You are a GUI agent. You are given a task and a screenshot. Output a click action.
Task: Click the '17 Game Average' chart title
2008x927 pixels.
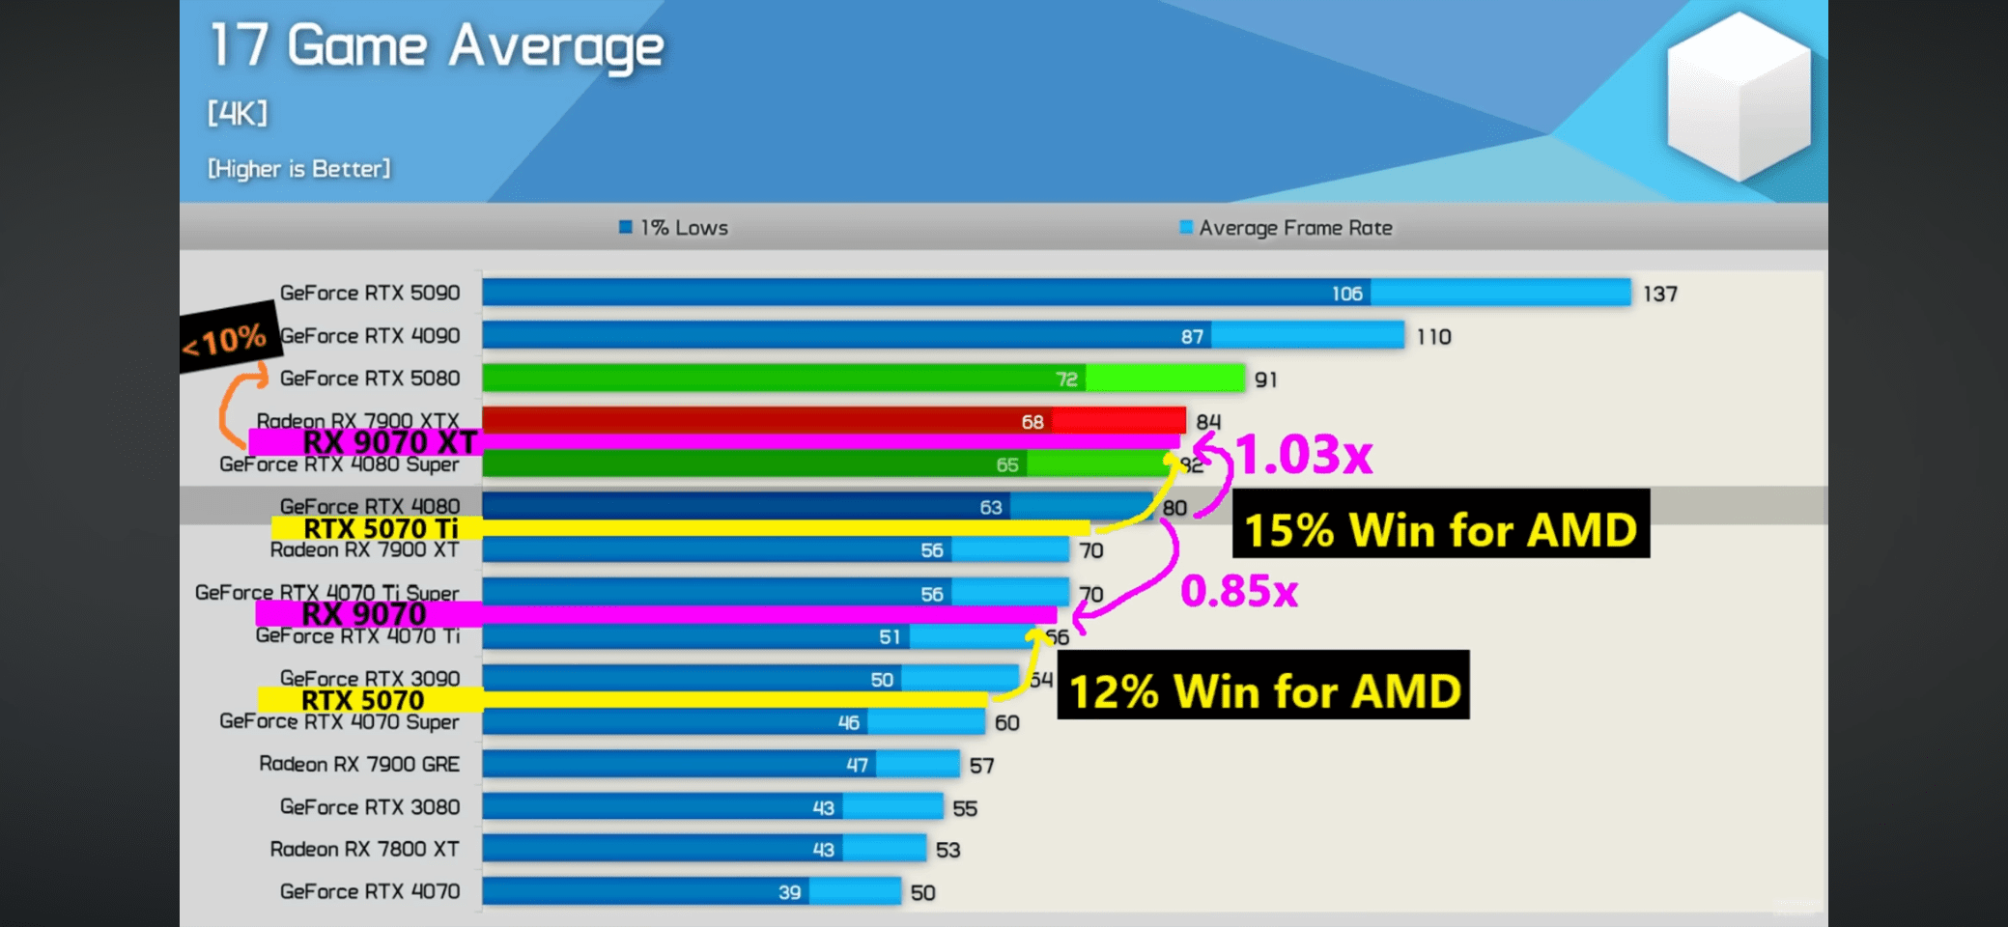coord(437,46)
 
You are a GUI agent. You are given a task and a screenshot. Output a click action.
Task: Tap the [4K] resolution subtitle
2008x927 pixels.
coord(237,114)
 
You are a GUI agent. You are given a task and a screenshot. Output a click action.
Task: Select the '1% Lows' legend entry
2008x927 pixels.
coord(674,228)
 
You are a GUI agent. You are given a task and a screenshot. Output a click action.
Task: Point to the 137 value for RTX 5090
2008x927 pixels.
coord(1659,294)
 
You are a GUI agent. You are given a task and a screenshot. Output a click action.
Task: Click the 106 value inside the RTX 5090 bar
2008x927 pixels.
coord(1346,294)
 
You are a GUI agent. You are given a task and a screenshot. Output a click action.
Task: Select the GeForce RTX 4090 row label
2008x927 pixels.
coord(370,336)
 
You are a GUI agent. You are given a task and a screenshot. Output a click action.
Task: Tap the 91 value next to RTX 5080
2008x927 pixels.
coord(1265,379)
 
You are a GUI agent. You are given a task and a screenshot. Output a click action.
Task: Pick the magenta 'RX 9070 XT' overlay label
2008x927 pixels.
coord(389,442)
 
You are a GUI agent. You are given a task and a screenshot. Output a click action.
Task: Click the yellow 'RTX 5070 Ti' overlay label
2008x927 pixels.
coord(381,528)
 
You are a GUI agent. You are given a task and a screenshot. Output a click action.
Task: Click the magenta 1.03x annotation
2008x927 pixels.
coord(1304,454)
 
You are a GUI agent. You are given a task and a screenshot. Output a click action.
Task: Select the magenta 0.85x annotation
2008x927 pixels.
coord(1239,590)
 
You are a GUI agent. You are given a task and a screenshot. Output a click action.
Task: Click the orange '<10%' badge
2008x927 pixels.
coord(226,339)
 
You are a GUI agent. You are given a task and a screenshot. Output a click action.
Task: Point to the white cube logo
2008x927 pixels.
coord(1739,97)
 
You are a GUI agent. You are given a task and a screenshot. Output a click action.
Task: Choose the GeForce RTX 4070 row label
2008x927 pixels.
coord(370,891)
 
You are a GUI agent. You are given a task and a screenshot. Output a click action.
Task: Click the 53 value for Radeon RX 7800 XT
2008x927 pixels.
coord(947,850)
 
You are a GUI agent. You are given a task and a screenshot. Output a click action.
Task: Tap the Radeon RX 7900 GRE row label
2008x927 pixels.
coord(359,764)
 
